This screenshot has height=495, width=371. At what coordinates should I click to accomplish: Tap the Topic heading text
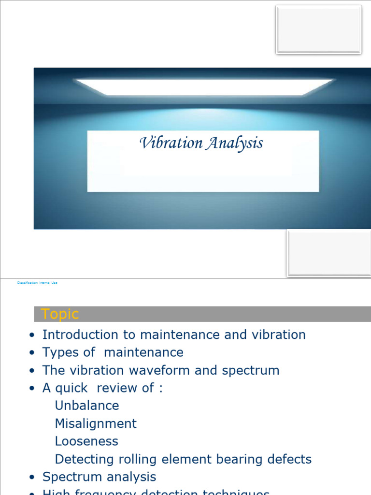pos(60,314)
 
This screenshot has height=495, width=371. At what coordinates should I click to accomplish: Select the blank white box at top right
pos(318,29)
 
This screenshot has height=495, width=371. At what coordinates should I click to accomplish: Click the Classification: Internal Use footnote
pos(37,283)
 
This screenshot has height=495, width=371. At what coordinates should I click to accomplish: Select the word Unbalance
pos(87,406)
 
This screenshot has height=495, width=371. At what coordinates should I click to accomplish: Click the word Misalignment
pos(96,423)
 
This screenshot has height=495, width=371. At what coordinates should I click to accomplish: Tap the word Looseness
pos(86,441)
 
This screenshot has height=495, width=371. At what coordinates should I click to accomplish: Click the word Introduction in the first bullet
pos(80,335)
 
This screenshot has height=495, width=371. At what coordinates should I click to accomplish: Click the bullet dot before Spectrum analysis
pos(32,478)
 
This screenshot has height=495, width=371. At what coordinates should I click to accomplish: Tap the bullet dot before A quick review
pos(32,389)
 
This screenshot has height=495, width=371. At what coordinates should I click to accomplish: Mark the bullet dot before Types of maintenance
pos(32,353)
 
